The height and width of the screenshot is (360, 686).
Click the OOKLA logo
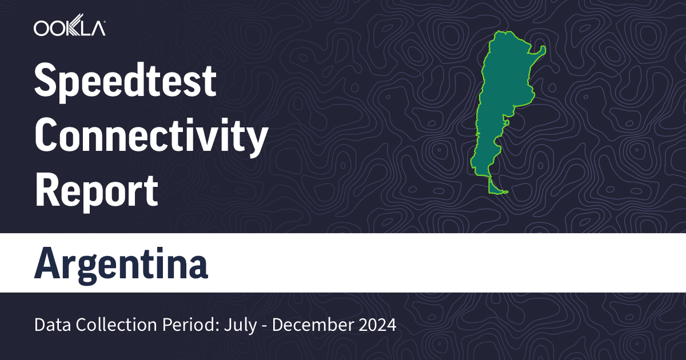coord(69,29)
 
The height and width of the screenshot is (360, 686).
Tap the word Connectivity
coord(151,137)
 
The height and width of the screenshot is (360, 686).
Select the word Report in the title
coord(96,191)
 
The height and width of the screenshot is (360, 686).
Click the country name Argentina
coord(121,263)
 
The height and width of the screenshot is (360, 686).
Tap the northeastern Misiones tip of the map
coord(541,50)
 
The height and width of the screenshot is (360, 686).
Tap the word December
coord(308,325)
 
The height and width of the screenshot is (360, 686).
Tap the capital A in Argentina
coord(47,263)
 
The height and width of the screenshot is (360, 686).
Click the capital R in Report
coord(47,191)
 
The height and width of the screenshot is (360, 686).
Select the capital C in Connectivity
coord(47,137)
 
